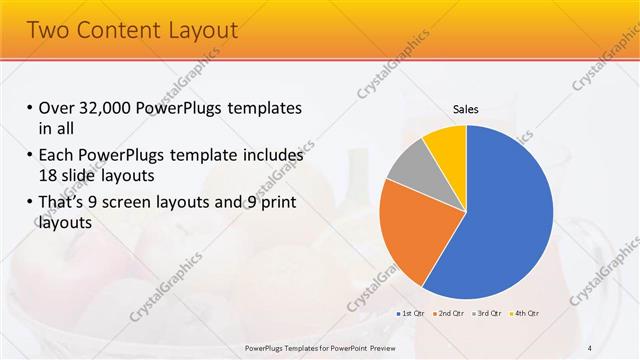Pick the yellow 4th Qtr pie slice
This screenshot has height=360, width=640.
coord(446,145)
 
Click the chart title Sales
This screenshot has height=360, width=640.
coord(466,108)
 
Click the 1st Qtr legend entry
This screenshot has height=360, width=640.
coord(409,314)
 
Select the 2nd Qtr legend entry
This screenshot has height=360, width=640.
coord(447,314)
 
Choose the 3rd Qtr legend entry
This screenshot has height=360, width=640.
coord(487,314)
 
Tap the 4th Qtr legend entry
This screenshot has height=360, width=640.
coord(526,314)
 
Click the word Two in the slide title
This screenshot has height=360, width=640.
coord(47,30)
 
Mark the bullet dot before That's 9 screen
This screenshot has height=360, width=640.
coord(30,204)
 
